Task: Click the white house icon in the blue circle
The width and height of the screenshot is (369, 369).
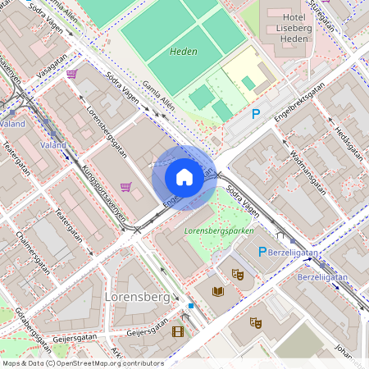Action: (x=184, y=176)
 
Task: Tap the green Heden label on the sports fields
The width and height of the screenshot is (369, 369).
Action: (x=182, y=51)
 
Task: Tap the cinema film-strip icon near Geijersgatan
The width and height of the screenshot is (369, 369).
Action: (x=178, y=331)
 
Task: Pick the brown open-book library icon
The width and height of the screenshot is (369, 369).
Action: (x=217, y=290)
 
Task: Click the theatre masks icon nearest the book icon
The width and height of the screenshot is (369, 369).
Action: (x=238, y=275)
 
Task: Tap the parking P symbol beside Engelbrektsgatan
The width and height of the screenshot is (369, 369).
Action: (x=256, y=115)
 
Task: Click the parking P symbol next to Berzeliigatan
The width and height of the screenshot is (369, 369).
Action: (x=263, y=253)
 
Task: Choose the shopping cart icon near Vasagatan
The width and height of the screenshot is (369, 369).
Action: (x=72, y=74)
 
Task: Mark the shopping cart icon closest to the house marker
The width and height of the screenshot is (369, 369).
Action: (x=125, y=186)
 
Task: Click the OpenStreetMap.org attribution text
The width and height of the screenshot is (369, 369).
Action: (x=107, y=363)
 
